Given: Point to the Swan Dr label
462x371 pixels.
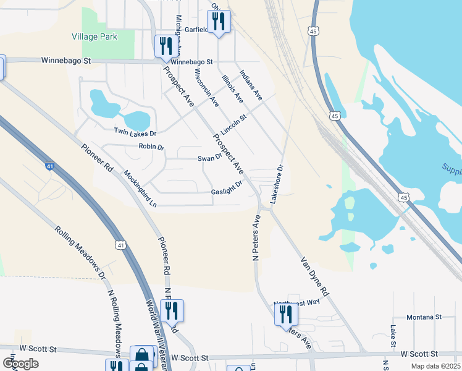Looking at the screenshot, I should point(209,158).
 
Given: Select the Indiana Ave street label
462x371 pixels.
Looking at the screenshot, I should point(251,85).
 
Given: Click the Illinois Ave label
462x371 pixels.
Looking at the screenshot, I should point(232,88).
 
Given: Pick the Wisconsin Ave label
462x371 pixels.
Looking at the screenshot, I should point(206,86).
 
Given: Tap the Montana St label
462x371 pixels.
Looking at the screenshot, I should point(424,317).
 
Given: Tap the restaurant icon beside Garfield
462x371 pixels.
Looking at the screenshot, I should point(219,22).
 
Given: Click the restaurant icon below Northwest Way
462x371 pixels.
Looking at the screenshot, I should point(286,314).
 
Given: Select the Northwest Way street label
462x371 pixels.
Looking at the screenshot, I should point(297,301).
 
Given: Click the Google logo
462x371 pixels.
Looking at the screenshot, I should point(20,364).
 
